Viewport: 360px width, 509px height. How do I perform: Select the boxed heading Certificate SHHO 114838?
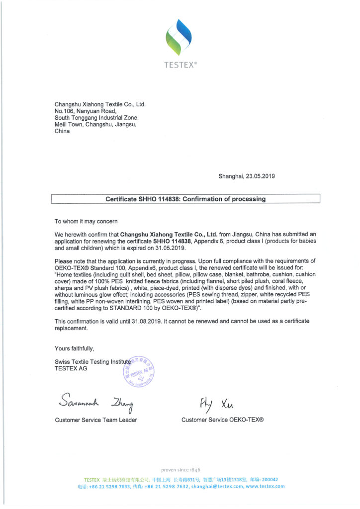click(185, 199)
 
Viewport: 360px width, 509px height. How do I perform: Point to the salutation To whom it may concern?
click(86, 221)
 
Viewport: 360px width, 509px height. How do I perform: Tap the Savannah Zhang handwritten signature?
click(97, 400)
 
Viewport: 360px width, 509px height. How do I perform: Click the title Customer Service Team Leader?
click(95, 420)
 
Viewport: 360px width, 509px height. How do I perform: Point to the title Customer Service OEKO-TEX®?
click(222, 420)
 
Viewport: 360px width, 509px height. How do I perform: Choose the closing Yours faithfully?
click(74, 348)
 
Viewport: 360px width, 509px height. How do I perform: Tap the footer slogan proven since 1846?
click(180, 470)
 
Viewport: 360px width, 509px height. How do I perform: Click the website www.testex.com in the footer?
click(265, 486)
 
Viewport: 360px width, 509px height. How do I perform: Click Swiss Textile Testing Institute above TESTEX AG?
click(92, 361)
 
